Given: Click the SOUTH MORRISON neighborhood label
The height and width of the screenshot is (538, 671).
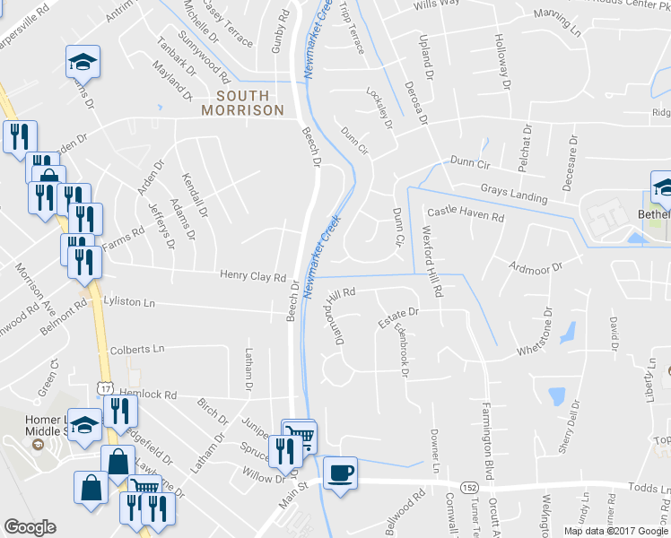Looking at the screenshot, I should pyautogui.click(x=242, y=102).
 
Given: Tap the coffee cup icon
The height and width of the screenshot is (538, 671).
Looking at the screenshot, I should pyautogui.click(x=341, y=472).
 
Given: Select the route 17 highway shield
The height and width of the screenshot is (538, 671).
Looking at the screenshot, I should pyautogui.click(x=105, y=387).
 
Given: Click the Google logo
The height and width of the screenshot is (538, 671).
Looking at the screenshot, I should pyautogui.click(x=30, y=527).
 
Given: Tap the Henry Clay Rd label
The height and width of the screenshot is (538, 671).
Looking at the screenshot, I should pyautogui.click(x=253, y=277).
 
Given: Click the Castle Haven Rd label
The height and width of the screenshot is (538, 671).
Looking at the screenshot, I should pyautogui.click(x=466, y=215).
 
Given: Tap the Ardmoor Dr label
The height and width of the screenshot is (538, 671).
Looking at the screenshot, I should pyautogui.click(x=535, y=267).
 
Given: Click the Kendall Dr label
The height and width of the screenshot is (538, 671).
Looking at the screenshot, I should pyautogui.click(x=195, y=195).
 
